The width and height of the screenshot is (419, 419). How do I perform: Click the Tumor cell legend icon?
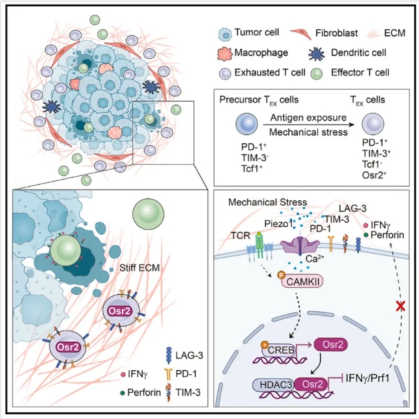click(x=224, y=32)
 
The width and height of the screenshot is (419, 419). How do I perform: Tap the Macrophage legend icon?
click(x=225, y=53)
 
